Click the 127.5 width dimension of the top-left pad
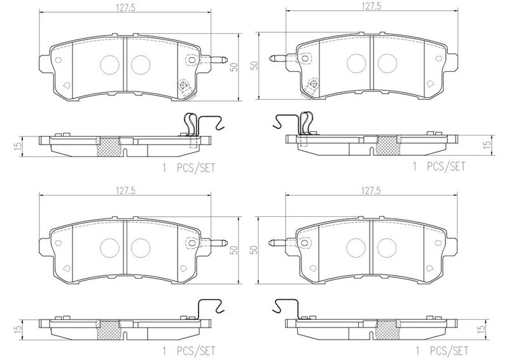pos(125,7)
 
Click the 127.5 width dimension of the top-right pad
pos(372,7)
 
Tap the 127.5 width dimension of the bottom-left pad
pos(125,191)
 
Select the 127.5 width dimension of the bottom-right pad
pos(372,191)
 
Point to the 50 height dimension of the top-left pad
pos(234,67)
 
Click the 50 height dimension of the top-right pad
pos(256,66)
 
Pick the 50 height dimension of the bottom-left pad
pos(234,250)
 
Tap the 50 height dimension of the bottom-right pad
pos(256,249)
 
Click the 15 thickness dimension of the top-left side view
pos(18,146)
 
